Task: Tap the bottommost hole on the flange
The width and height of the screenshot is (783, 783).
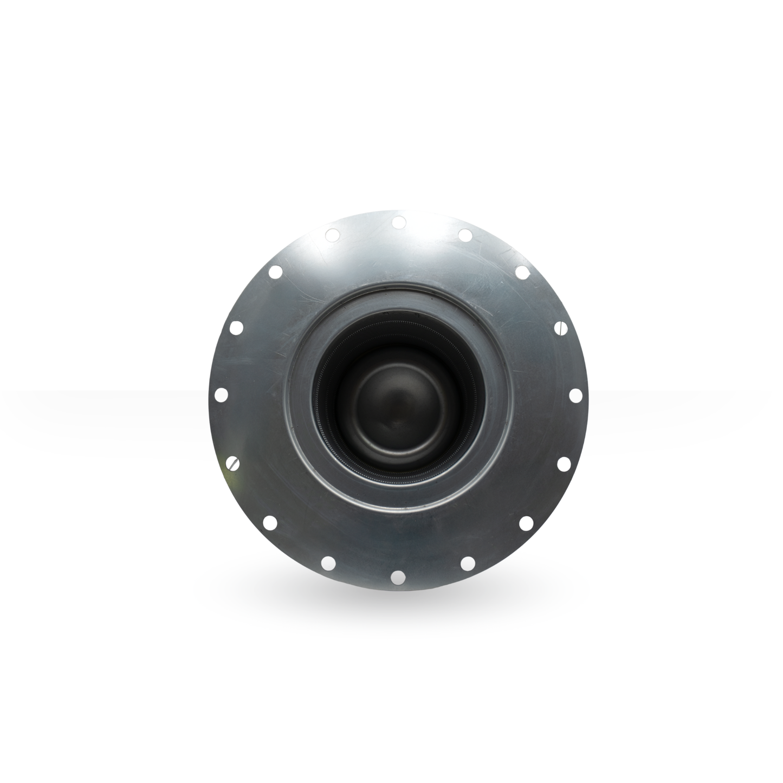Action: pyautogui.click(x=398, y=575)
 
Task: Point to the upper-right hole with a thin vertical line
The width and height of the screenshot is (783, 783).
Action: pyautogui.click(x=561, y=327)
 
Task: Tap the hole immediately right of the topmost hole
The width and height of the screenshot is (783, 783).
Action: pyautogui.click(x=465, y=235)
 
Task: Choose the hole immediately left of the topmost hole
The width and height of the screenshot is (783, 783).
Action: pyautogui.click(x=332, y=235)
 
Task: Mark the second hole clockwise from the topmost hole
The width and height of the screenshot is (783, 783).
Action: pyautogui.click(x=522, y=272)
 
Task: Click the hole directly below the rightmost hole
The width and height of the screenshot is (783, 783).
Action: pyautogui.click(x=563, y=463)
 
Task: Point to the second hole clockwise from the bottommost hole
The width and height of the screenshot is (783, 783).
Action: pyautogui.click(x=270, y=522)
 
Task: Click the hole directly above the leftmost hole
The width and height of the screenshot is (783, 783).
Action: pyautogui.click(x=236, y=327)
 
